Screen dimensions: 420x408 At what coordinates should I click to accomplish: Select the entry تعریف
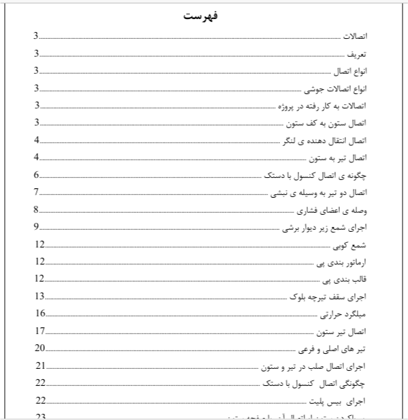(358, 53)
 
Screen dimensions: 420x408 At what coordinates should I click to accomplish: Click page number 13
(40, 297)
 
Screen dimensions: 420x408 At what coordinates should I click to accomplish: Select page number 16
(40, 314)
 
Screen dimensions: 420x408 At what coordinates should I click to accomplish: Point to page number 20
(40, 348)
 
